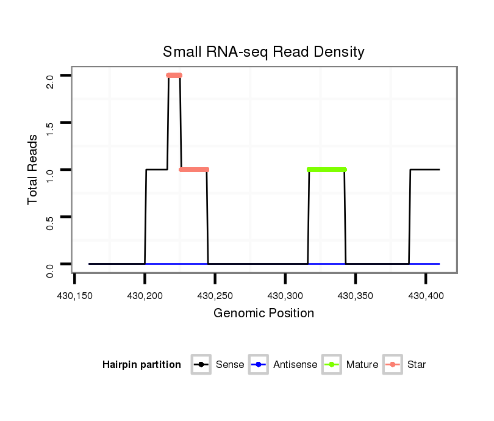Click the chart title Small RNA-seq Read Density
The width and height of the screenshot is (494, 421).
click(x=263, y=52)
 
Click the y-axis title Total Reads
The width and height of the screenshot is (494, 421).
click(x=34, y=170)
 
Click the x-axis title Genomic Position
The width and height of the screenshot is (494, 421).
click(x=263, y=314)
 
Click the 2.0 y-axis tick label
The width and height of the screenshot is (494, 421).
click(x=50, y=81)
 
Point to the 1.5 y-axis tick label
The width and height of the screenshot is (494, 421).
click(x=50, y=128)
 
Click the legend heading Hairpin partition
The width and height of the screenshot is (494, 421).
click(x=141, y=365)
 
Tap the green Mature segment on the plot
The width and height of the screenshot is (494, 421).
click(x=327, y=170)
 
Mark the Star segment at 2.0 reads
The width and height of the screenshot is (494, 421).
click(x=174, y=76)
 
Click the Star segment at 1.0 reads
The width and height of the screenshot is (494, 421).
click(x=195, y=170)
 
